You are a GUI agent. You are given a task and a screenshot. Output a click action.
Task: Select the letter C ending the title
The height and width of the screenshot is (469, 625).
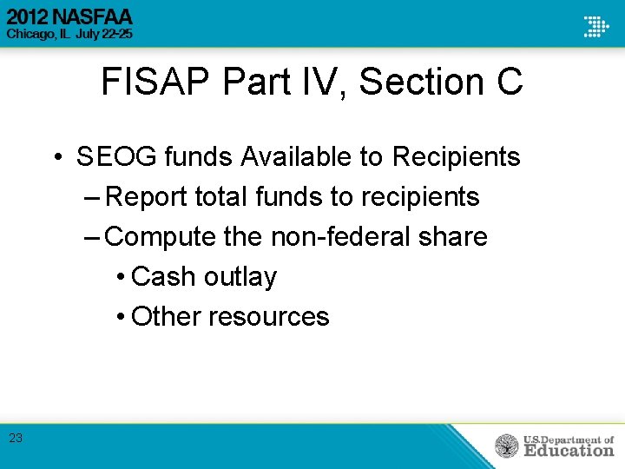coord(510,83)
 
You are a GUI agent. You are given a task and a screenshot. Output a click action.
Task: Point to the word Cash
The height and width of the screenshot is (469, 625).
coord(163,277)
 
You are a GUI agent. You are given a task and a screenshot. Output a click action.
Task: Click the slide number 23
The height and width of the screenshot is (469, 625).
coord(16,439)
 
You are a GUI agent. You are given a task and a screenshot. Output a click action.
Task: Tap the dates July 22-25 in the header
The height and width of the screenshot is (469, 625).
coord(102,35)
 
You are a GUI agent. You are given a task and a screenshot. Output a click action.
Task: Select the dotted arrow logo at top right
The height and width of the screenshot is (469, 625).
coord(596,25)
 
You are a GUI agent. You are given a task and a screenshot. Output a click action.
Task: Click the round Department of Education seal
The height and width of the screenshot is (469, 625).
coord(507,446)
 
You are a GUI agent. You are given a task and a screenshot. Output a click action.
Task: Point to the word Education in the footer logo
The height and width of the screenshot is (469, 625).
coord(569,451)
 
